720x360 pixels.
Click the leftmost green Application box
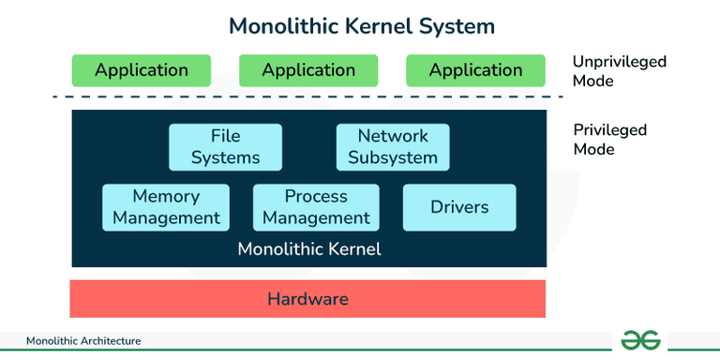click(x=142, y=70)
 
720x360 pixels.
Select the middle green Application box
click(x=308, y=70)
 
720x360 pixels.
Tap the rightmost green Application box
click(x=475, y=70)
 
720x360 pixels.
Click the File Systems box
click(x=225, y=147)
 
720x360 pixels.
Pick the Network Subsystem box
click(x=393, y=147)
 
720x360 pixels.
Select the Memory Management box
click(x=166, y=207)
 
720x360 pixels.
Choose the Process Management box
click(x=316, y=207)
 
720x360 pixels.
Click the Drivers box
click(x=459, y=207)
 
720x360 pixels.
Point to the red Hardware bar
click(x=307, y=299)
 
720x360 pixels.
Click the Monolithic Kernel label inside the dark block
click(x=309, y=249)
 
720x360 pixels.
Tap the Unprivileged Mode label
click(x=619, y=71)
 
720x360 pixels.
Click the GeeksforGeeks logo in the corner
click(x=641, y=340)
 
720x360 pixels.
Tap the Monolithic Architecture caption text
click(x=83, y=341)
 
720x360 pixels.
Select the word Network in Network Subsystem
click(x=393, y=137)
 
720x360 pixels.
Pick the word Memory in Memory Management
click(x=166, y=196)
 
